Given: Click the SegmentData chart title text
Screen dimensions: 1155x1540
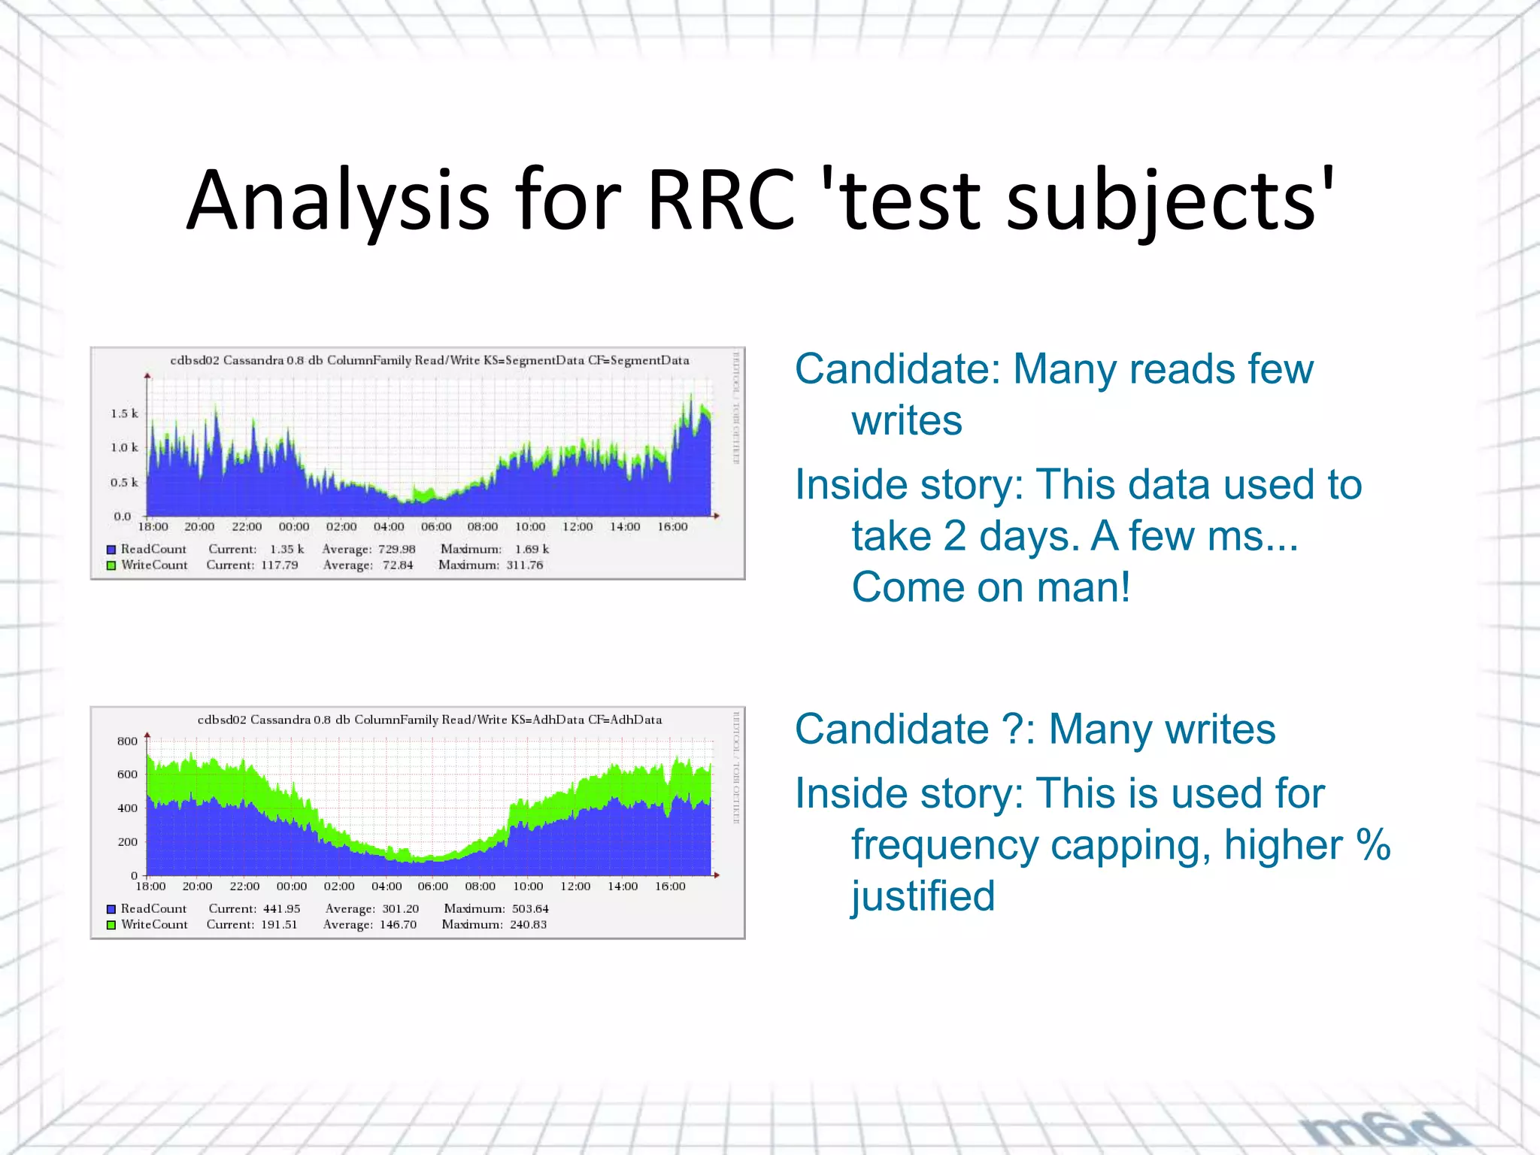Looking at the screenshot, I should (x=429, y=360).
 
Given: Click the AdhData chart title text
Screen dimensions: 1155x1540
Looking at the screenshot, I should (x=429, y=720).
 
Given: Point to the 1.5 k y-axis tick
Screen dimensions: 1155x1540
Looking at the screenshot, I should (x=124, y=414).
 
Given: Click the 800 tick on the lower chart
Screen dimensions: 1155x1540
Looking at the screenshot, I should (x=127, y=741).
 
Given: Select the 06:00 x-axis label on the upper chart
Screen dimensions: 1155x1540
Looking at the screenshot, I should (x=435, y=527).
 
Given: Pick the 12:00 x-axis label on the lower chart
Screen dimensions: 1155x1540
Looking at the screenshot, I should (x=575, y=887).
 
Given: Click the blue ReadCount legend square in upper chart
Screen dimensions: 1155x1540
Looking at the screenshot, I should (x=111, y=550).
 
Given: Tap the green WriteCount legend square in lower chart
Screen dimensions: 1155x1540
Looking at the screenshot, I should (x=111, y=925).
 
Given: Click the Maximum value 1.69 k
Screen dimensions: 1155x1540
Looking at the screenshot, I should (x=532, y=550).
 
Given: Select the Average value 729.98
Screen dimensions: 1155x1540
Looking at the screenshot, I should (x=396, y=550).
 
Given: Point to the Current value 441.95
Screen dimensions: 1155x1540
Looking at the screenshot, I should (x=280, y=909).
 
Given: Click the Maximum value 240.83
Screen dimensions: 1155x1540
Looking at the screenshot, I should (x=528, y=925).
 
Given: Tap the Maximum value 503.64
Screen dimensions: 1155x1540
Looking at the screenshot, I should (x=530, y=909).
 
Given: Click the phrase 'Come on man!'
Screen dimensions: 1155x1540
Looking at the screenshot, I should (x=990, y=587).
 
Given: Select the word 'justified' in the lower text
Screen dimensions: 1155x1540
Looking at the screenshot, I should (x=923, y=896).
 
